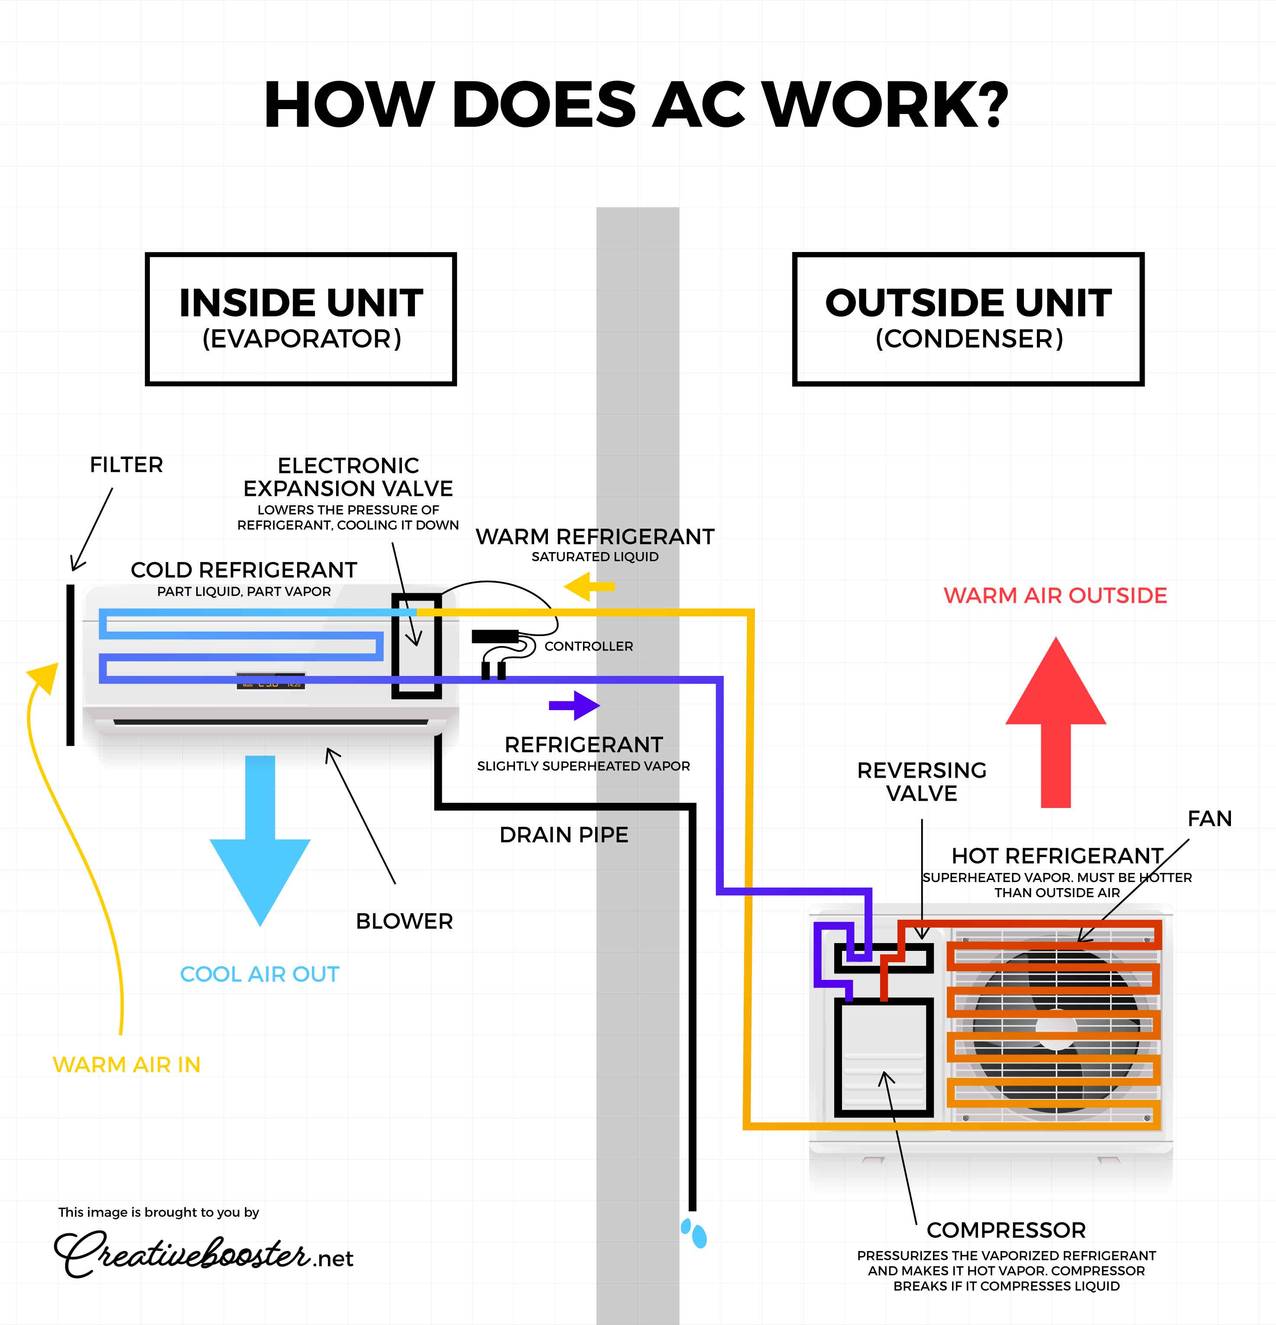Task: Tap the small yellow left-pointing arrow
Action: pyautogui.click(x=588, y=586)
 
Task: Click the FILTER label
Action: pyautogui.click(x=126, y=465)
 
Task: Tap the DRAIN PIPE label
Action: pyautogui.click(x=564, y=835)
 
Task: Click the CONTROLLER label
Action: pyautogui.click(x=588, y=646)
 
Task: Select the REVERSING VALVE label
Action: pyautogui.click(x=922, y=782)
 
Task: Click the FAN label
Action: pyautogui.click(x=1210, y=819)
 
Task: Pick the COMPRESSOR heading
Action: pyautogui.click(x=1006, y=1230)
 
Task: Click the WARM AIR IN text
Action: pyautogui.click(x=126, y=1065)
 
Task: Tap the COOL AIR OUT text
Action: pyautogui.click(x=260, y=974)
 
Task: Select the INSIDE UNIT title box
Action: pyautogui.click(x=301, y=319)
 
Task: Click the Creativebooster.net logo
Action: pyautogui.click(x=203, y=1254)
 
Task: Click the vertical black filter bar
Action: pyautogui.click(x=70, y=665)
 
